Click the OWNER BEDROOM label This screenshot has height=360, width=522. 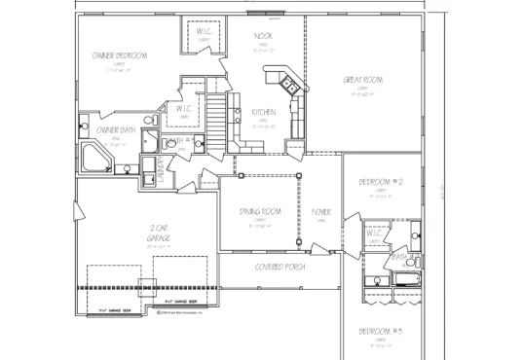pyautogui.click(x=120, y=56)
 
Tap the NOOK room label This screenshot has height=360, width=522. pyautogui.click(x=262, y=36)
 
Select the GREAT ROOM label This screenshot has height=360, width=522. pyautogui.click(x=361, y=80)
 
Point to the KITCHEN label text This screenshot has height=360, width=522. pyautogui.click(x=264, y=112)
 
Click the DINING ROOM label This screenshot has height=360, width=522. pyautogui.click(x=260, y=211)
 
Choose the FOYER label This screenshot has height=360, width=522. pyautogui.click(x=320, y=211)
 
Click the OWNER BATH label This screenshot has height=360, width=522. pyautogui.click(x=114, y=129)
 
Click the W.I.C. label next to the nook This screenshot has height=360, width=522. pyautogui.click(x=205, y=31)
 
